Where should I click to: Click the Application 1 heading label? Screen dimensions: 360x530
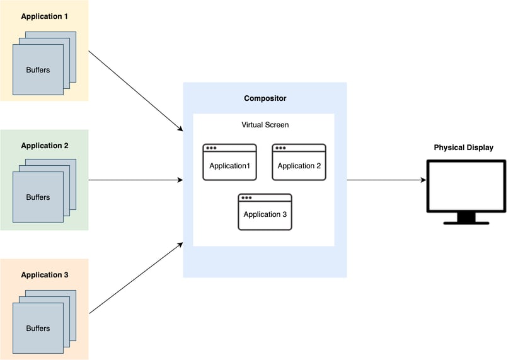coord(44,16)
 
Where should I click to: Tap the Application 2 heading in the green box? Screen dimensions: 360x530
coord(44,146)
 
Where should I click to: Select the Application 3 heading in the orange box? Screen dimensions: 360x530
coord(44,275)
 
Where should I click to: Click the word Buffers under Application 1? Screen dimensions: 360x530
coord(38,69)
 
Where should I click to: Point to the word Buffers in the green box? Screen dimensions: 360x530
coord(38,197)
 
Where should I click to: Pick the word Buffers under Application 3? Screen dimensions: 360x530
coord(38,328)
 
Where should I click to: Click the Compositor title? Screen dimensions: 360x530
coord(265,99)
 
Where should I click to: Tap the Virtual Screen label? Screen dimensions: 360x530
coord(265,125)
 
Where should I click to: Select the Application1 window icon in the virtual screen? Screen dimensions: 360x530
coord(229,163)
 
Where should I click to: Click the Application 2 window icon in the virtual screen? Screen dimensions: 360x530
coord(299,163)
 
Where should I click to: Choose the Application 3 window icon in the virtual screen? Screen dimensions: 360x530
coord(265,212)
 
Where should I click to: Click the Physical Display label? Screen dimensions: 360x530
coord(463,148)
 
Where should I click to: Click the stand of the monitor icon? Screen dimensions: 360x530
coord(466,218)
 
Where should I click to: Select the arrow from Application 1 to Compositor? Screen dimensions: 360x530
coord(135,91)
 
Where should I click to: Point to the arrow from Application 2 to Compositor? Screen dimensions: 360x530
coord(135,180)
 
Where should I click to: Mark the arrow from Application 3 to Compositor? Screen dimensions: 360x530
coord(135,277)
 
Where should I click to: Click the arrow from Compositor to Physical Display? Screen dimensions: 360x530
coord(386,180)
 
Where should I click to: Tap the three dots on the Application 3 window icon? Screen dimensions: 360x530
coord(246,198)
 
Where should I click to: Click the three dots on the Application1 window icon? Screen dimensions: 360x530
coord(211,148)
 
